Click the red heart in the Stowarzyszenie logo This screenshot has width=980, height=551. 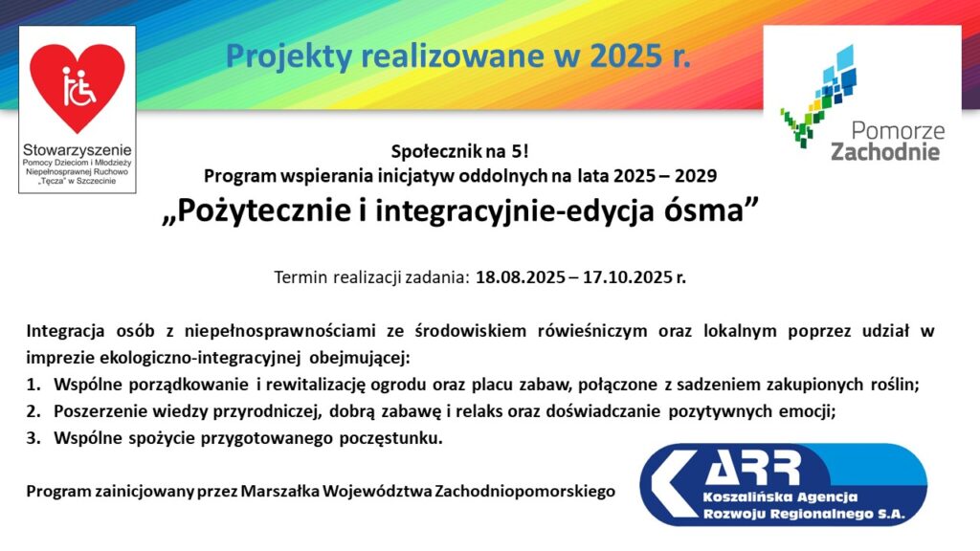(78, 87)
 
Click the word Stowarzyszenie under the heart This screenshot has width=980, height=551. (78, 150)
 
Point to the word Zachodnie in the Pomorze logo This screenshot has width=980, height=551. (885, 152)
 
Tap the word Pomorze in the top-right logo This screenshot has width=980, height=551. (898, 130)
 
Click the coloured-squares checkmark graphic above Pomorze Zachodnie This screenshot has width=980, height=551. (818, 96)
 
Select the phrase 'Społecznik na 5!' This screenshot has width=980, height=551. (460, 151)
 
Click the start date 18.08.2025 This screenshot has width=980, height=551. (520, 277)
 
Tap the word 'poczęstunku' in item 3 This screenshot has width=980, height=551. (390, 439)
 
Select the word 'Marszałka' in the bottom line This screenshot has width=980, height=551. (279, 492)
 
